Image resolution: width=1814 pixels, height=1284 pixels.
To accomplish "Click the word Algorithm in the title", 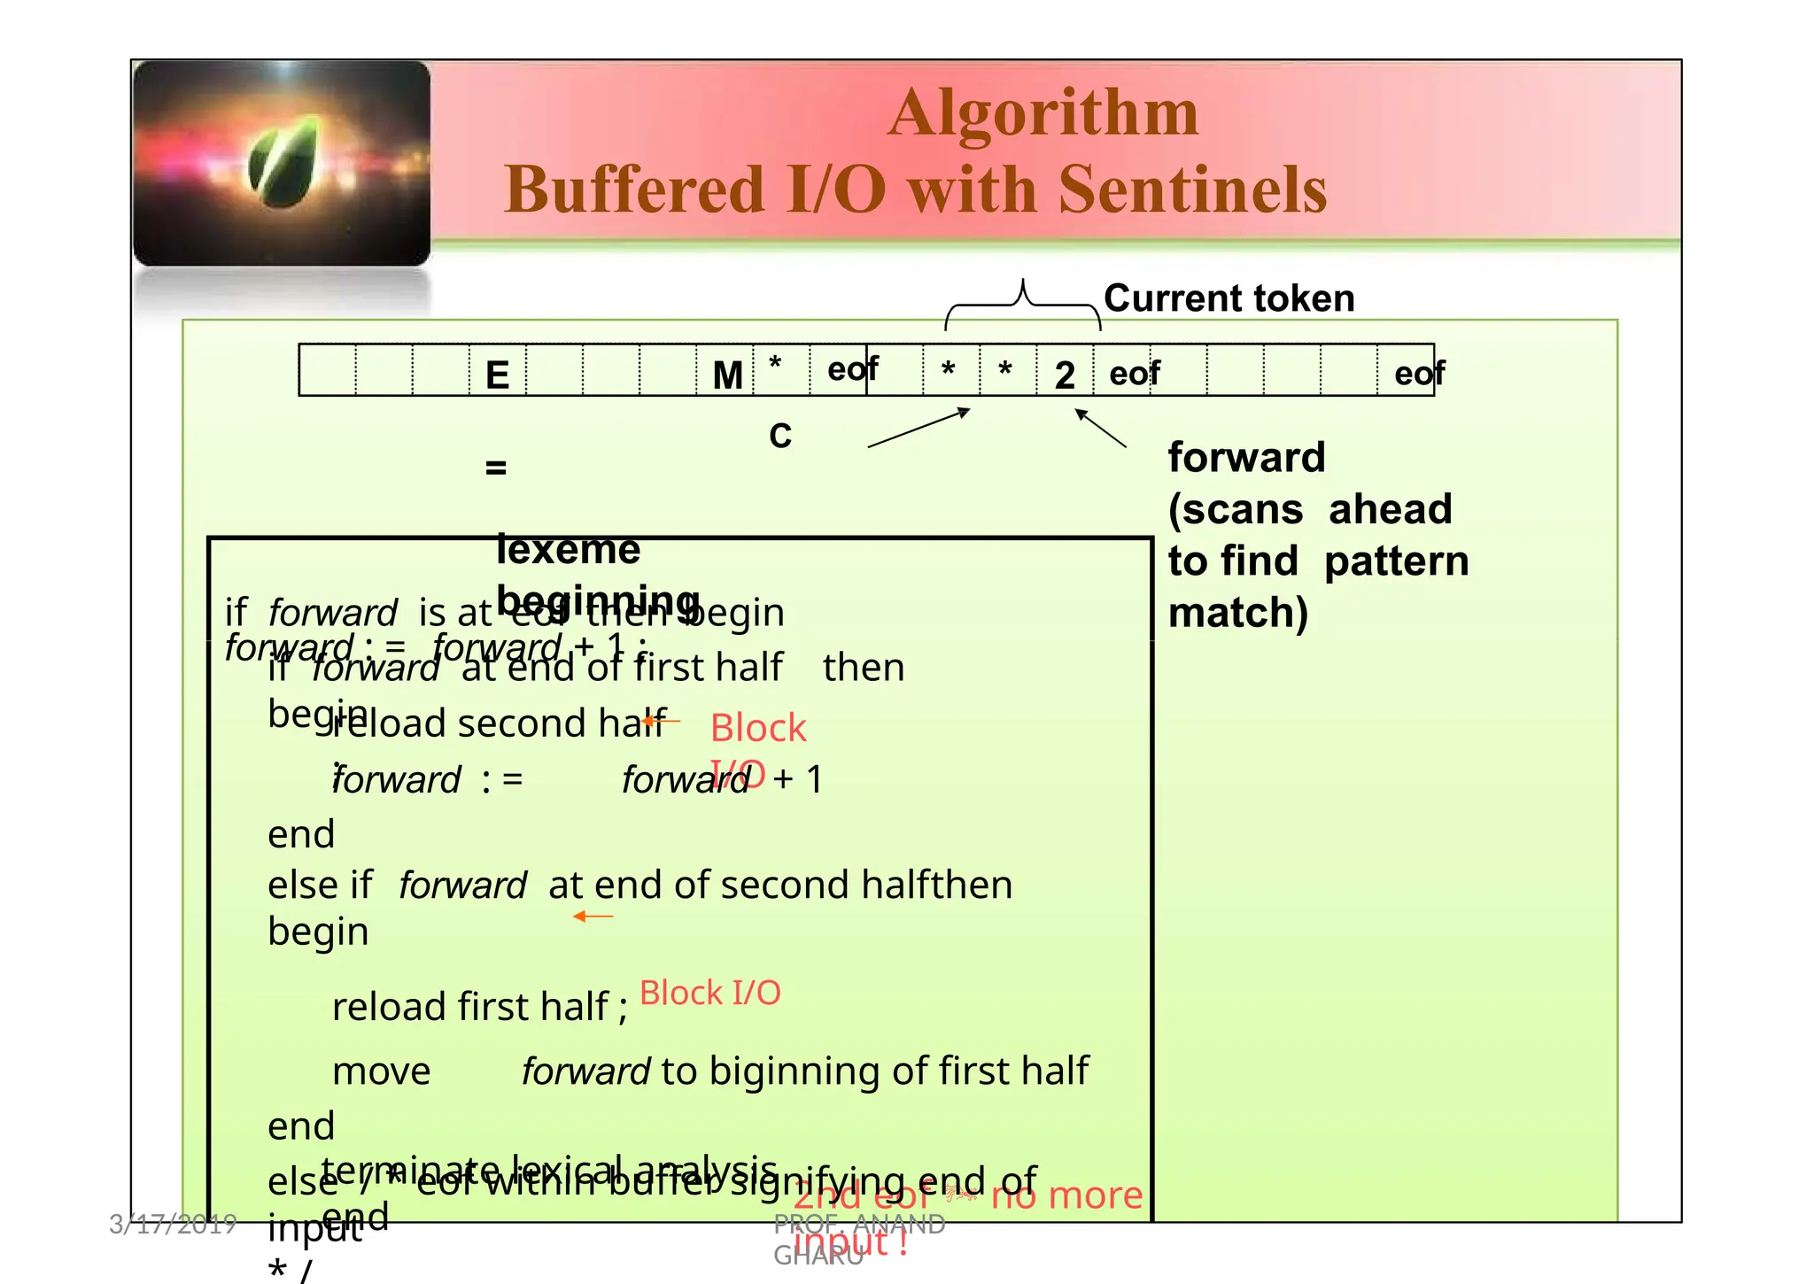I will click(x=1043, y=113).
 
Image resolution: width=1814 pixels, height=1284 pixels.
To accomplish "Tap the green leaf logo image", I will click(x=282, y=163).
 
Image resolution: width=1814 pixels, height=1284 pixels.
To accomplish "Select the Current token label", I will click(x=1229, y=298).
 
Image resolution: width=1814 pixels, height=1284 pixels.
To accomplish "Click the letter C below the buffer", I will click(x=779, y=436).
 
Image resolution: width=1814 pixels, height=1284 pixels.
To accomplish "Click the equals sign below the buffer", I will click(x=496, y=467).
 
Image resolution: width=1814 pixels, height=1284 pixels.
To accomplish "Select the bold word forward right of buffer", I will click(x=1246, y=458).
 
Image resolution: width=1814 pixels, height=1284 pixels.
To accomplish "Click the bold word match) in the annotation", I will click(x=1237, y=613).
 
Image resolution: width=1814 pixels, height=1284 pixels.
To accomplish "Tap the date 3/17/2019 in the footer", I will click(x=173, y=1224).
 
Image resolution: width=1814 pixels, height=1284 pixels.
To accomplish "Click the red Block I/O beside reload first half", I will click(x=709, y=993).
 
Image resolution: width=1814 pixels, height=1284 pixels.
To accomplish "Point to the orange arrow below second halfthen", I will click(x=593, y=917).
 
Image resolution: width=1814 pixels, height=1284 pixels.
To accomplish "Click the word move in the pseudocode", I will click(x=381, y=1071).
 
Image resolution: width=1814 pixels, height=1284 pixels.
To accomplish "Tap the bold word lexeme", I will click(x=568, y=550).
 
